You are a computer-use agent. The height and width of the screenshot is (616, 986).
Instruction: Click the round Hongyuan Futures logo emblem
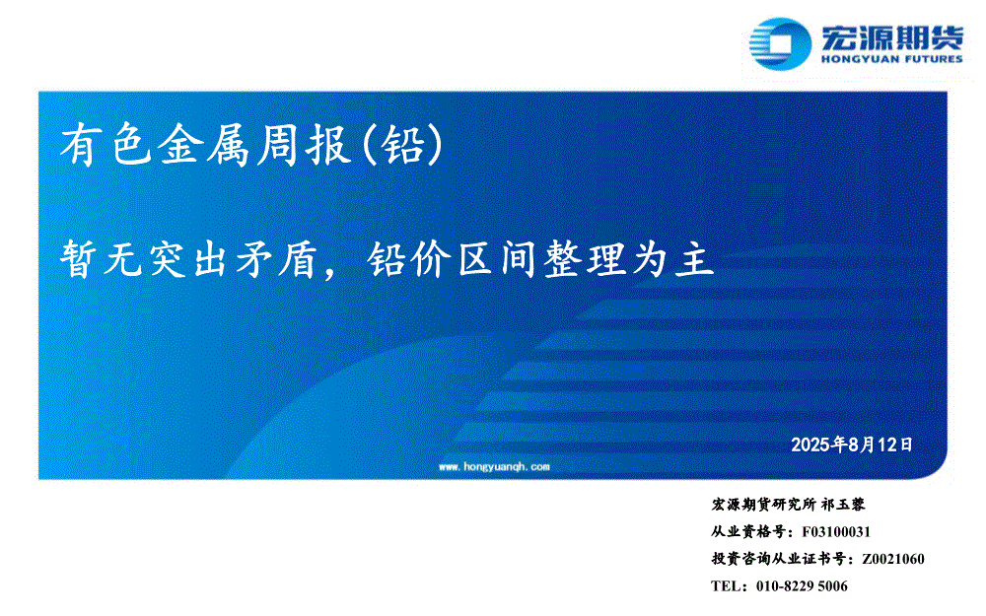(780, 43)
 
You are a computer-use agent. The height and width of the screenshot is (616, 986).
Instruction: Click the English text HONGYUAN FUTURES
(891, 59)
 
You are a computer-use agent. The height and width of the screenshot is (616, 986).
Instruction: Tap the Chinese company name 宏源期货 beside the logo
(891, 37)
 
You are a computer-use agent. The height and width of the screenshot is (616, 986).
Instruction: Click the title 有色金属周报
(205, 145)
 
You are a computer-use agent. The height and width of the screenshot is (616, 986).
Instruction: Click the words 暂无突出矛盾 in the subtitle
(188, 259)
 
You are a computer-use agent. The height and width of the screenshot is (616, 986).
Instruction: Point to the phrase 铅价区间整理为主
(540, 259)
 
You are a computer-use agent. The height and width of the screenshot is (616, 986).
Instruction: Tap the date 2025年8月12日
(852, 445)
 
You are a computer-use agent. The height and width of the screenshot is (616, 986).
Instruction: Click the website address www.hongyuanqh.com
(494, 466)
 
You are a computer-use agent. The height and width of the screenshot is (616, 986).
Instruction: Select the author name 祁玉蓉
(843, 504)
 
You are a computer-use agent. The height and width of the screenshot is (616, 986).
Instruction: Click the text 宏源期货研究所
(763, 504)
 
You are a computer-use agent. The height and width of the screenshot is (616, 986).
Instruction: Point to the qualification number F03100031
(836, 532)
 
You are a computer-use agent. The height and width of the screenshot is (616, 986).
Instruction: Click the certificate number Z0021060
(893, 559)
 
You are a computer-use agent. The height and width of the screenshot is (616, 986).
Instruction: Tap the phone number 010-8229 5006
(802, 585)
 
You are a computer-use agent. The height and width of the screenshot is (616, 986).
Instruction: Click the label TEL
(725, 585)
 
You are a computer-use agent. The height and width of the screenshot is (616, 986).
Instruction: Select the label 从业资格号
(748, 532)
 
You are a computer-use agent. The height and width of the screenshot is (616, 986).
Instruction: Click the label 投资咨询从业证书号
(779, 559)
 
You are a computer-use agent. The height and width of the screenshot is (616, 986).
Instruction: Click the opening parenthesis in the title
(371, 145)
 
